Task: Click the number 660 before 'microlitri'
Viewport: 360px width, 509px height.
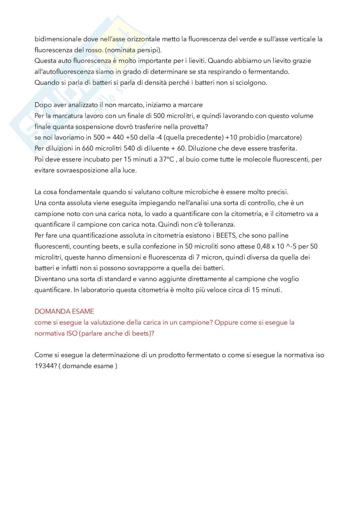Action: click(x=89, y=149)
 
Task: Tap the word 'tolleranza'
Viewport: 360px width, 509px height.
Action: click(x=218, y=224)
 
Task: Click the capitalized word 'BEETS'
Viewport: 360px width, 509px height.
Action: click(x=226, y=235)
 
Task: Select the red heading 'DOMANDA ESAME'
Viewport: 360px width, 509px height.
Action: click(x=64, y=311)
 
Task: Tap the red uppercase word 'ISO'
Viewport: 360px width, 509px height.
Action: click(x=72, y=333)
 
